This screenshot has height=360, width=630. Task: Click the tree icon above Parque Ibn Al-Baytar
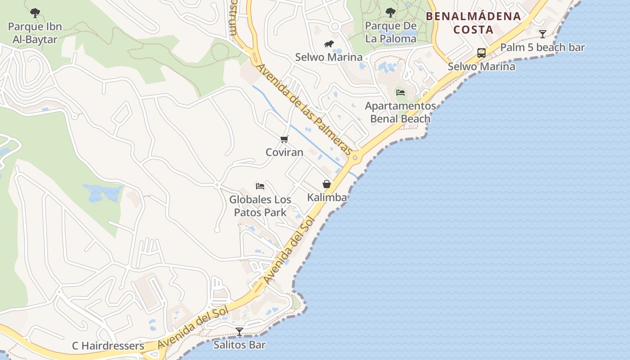(35, 13)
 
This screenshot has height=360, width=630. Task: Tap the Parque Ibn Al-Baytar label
(35, 33)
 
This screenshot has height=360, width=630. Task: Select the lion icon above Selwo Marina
(329, 44)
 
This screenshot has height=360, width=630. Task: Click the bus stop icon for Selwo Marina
(481, 53)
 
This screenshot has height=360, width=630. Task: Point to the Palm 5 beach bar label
(542, 47)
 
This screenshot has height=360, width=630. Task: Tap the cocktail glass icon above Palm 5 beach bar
(543, 34)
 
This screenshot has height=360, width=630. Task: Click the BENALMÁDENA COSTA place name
(473, 23)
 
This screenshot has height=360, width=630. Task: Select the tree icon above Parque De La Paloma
(391, 13)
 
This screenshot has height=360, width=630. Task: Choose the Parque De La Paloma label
(391, 32)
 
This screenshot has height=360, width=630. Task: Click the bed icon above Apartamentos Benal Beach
(400, 93)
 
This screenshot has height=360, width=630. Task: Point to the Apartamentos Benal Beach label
(400, 112)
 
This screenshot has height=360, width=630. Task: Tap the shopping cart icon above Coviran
(284, 139)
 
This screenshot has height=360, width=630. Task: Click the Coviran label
(284, 153)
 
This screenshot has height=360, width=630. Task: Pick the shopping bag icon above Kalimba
(327, 184)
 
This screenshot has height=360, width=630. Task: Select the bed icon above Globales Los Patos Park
(260, 186)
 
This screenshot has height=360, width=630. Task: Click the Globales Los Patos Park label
(260, 206)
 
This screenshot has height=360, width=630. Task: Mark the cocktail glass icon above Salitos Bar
(239, 332)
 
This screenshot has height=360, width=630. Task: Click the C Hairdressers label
(108, 346)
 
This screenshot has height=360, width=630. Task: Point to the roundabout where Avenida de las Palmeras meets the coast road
(355, 157)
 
